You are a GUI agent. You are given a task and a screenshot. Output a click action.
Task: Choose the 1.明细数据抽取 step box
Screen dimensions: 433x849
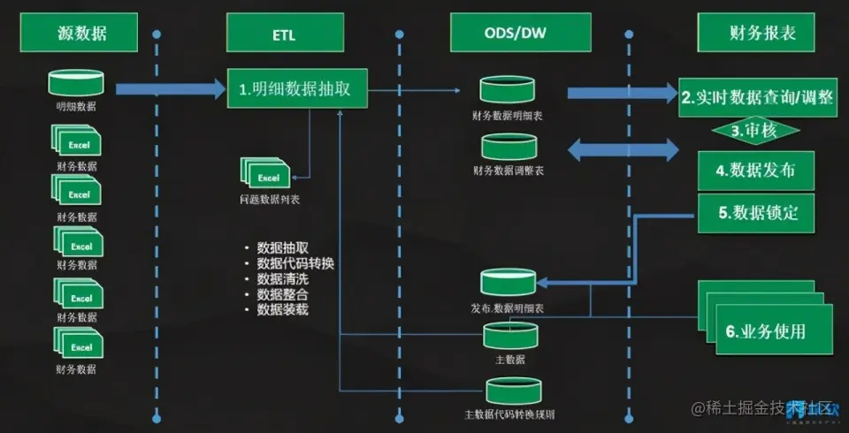296,88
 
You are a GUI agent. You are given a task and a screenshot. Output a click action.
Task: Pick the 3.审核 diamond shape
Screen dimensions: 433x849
755,130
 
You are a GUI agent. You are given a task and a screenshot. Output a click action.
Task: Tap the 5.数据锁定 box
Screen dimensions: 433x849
757,212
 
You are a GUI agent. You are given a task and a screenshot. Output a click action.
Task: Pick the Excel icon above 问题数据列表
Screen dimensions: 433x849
267,174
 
